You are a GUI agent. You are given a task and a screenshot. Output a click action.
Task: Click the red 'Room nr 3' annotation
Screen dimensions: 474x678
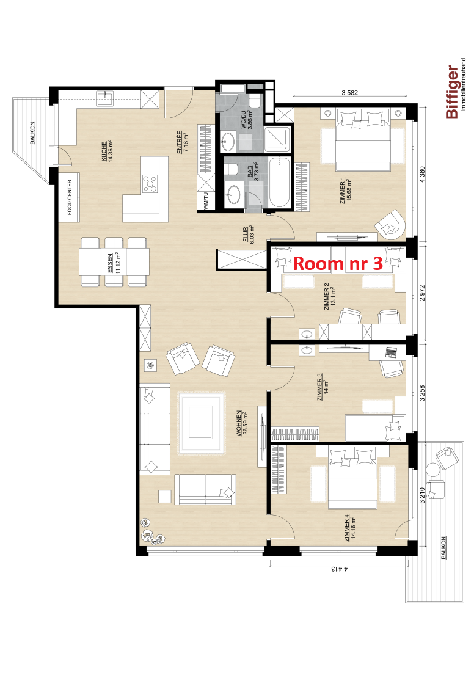tap(338, 263)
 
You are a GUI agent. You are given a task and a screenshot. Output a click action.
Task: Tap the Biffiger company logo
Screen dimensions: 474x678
tap(456, 89)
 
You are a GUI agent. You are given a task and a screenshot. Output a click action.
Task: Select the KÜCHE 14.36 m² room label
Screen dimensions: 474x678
tap(108, 151)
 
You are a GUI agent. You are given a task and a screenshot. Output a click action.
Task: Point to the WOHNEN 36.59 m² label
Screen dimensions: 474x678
tap(242, 423)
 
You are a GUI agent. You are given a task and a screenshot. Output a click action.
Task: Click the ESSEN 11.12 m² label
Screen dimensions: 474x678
tap(113, 263)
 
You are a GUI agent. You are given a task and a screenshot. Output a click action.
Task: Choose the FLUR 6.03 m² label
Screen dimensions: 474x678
tap(249, 235)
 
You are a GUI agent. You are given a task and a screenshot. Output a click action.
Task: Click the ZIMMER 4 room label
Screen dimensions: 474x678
tap(350, 528)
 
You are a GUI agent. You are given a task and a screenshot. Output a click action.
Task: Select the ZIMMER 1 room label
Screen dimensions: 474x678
tap(346, 191)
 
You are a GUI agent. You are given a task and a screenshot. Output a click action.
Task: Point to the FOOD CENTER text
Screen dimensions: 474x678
tap(70, 197)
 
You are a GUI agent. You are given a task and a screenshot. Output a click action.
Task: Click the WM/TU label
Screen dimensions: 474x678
tap(206, 200)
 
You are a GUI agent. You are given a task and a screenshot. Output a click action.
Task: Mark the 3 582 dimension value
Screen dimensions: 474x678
tap(349, 92)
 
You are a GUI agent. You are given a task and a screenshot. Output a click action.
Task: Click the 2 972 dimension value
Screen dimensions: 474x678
tap(422, 293)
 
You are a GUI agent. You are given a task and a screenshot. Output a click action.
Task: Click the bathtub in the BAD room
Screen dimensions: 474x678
tap(279, 183)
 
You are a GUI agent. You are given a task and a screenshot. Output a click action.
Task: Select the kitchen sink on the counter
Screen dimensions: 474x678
tap(105, 99)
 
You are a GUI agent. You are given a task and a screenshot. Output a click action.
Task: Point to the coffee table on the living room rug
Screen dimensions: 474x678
tap(200, 422)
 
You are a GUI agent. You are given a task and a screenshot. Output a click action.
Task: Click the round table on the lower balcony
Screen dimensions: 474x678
tap(432, 469)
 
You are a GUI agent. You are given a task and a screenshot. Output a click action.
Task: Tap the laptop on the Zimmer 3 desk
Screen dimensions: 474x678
tap(391, 352)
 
